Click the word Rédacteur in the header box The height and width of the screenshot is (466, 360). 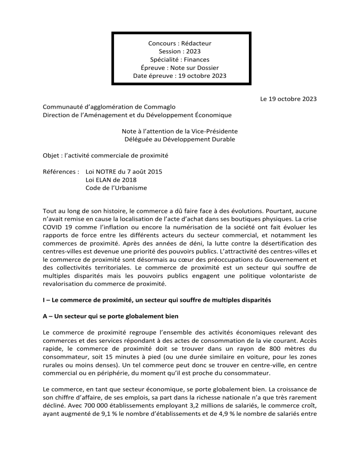tap(197, 43)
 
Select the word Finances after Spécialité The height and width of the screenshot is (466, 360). tap(197, 60)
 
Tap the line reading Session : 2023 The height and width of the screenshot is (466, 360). tap(180, 52)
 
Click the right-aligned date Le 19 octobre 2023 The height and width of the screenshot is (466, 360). tap(288, 99)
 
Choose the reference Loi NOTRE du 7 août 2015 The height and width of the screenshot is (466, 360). tap(124, 172)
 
